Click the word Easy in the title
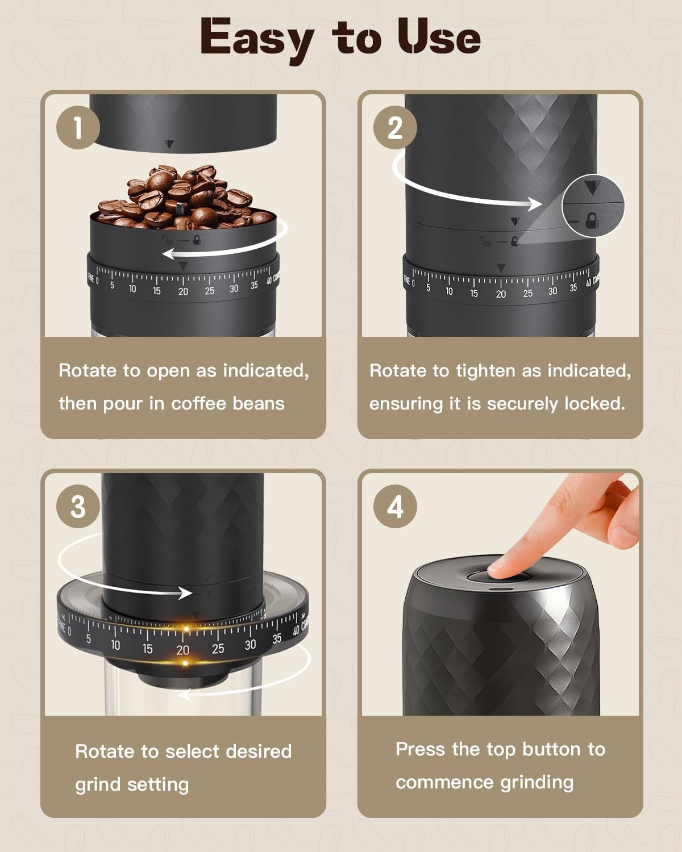[256, 37]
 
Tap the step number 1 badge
[78, 127]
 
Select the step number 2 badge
[395, 127]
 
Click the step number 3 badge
[78, 506]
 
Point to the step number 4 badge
[395, 506]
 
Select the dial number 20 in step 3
[182, 650]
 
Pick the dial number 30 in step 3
[250, 645]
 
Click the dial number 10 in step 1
[132, 289]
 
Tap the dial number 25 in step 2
[527, 293]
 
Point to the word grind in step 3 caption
[98, 784]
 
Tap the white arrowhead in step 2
[535, 204]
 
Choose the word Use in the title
[439, 37]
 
